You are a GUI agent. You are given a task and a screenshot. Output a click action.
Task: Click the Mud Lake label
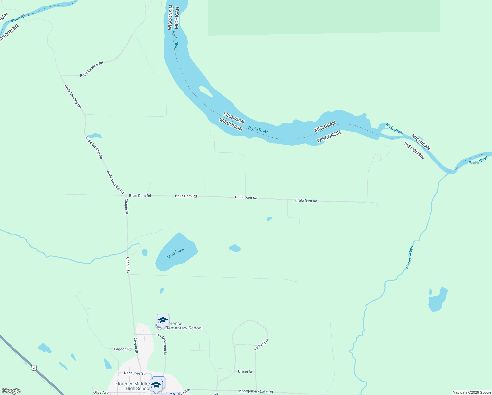[176, 253]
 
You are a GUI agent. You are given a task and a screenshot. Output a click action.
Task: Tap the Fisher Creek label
[409, 257]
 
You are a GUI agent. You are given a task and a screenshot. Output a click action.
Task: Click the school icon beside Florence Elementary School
[163, 321]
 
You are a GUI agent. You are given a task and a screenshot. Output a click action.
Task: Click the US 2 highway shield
[33, 367]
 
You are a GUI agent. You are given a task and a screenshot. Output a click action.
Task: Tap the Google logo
[11, 391]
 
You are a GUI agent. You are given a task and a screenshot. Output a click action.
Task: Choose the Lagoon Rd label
[123, 349]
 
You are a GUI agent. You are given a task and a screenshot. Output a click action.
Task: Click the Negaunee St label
[134, 373]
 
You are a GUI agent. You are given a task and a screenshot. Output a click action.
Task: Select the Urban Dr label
[245, 372]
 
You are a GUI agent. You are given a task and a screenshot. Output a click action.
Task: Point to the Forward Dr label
[261, 344]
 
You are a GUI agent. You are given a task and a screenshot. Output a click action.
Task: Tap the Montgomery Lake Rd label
[256, 392]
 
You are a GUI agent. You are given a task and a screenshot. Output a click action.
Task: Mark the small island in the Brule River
[206, 92]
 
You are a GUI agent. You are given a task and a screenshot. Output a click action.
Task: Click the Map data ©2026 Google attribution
[472, 392]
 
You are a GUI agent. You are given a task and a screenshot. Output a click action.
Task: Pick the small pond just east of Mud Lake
[235, 248]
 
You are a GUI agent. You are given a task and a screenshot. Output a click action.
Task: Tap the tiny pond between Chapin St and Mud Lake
[144, 252]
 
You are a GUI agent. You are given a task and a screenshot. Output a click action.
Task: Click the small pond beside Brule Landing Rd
[95, 136]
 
